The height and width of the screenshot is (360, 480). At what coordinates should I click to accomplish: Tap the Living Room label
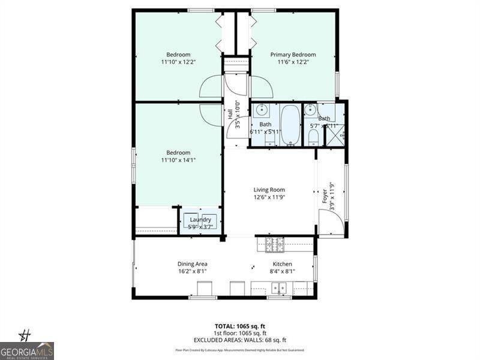pyautogui.click(x=269, y=190)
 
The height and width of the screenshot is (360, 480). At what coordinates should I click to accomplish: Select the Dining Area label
pyautogui.click(x=192, y=264)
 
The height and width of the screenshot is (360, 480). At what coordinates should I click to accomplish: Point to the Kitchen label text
pyautogui.click(x=283, y=264)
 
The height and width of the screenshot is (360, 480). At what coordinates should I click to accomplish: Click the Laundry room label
pyautogui.click(x=200, y=220)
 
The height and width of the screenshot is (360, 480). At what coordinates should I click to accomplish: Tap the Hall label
pyautogui.click(x=230, y=113)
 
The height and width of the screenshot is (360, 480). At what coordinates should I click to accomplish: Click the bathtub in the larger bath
pyautogui.click(x=290, y=125)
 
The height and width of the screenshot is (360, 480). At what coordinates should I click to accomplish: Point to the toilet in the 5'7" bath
pyautogui.click(x=313, y=137)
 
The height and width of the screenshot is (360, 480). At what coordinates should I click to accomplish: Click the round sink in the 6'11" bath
pyautogui.click(x=262, y=111)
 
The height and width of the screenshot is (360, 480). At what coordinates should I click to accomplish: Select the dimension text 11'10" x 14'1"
pyautogui.click(x=178, y=160)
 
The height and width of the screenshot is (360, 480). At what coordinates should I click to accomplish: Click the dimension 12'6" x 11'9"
pyautogui.click(x=269, y=197)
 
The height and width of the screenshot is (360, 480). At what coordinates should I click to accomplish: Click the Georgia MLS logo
pyautogui.click(x=27, y=350)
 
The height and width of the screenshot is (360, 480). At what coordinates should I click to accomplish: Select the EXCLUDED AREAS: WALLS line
pyautogui.click(x=240, y=340)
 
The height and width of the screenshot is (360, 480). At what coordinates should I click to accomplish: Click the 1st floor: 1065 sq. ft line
pyautogui.click(x=240, y=334)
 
